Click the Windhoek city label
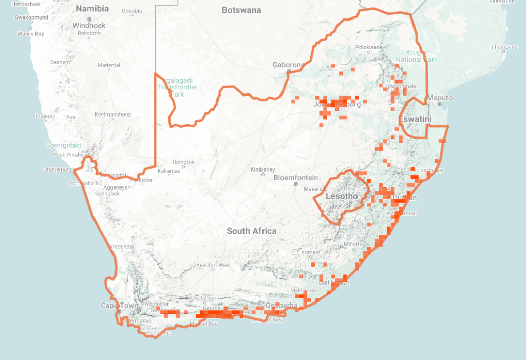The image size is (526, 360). pos(89,25)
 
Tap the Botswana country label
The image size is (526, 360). pos(241,10)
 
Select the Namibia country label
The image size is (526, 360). pos(92,9)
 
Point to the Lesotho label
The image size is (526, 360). pos(342,196)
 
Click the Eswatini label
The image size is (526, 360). pos(416,120)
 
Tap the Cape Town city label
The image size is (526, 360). pos(119,306)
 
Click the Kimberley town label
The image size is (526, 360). pos(262,169)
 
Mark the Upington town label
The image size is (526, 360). pos(183,162)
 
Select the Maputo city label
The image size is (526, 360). pos(440,98)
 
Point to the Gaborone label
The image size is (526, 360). pos(288,65)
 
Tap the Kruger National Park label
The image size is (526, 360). pos(417,56)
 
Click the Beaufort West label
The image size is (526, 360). pos(214,265)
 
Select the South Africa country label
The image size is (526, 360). pos(252,231)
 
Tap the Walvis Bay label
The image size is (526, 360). pos(30,34)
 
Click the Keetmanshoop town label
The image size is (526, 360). pos(112,115)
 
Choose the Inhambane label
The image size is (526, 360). pos(503,47)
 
